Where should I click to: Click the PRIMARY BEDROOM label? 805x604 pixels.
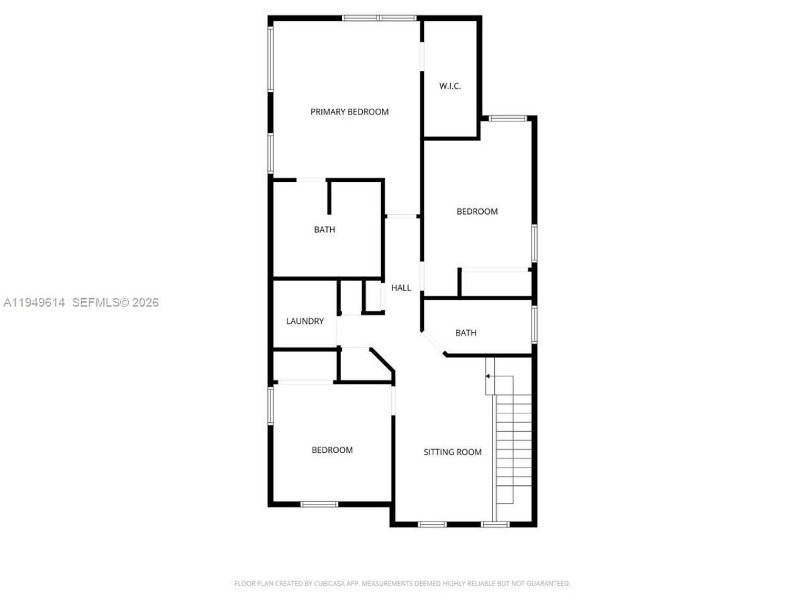click(x=350, y=112)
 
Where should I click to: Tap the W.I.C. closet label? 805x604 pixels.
click(x=450, y=86)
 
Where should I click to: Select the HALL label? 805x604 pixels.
click(x=401, y=288)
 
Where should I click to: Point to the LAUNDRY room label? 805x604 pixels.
click(x=305, y=322)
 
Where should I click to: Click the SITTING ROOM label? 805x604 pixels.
click(x=452, y=452)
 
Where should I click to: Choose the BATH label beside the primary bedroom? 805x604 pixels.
click(x=325, y=230)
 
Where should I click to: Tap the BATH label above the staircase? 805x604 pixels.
click(x=466, y=333)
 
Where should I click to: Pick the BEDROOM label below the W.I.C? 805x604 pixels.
click(x=477, y=211)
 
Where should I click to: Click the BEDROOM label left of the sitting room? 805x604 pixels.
click(x=332, y=450)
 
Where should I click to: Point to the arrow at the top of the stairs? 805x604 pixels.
click(x=488, y=376)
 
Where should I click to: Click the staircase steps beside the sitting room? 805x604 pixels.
click(x=514, y=440)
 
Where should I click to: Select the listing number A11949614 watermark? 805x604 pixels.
click(x=35, y=303)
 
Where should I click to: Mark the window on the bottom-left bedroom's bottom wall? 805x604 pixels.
click(x=319, y=504)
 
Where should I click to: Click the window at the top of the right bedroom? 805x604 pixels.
click(x=508, y=118)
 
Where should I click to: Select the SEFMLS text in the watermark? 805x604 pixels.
click(x=96, y=303)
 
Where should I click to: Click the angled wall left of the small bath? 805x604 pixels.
click(x=433, y=344)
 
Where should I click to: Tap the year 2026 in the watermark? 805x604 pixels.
click(x=145, y=303)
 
